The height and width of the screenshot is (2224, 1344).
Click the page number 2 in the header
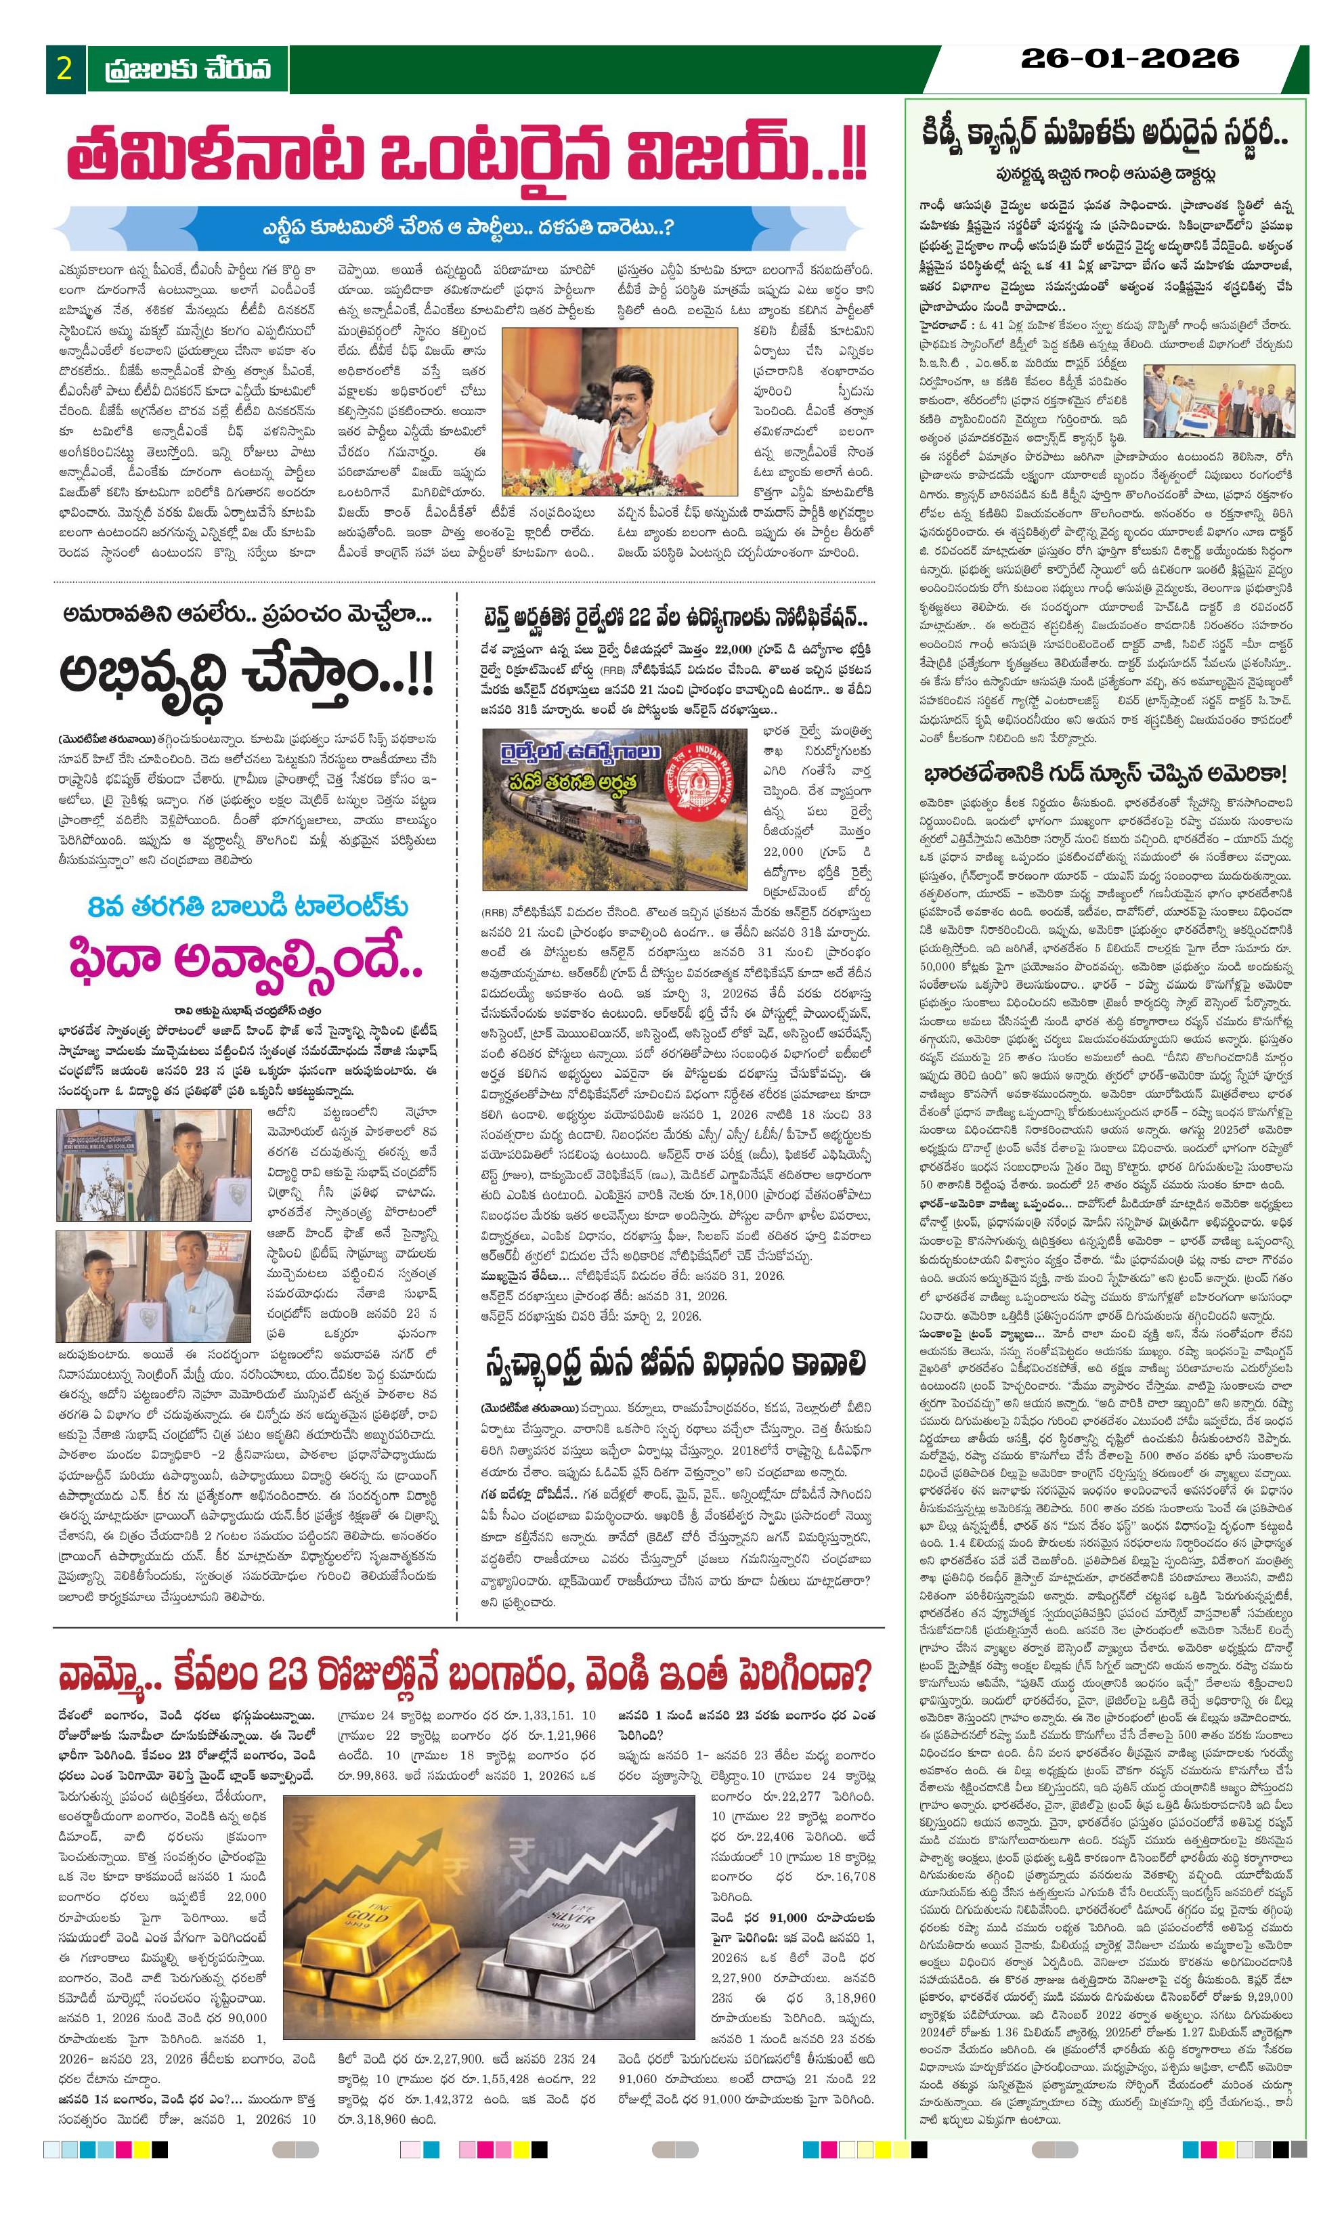[64, 70]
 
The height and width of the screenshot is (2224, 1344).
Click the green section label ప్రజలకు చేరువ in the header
[187, 70]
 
